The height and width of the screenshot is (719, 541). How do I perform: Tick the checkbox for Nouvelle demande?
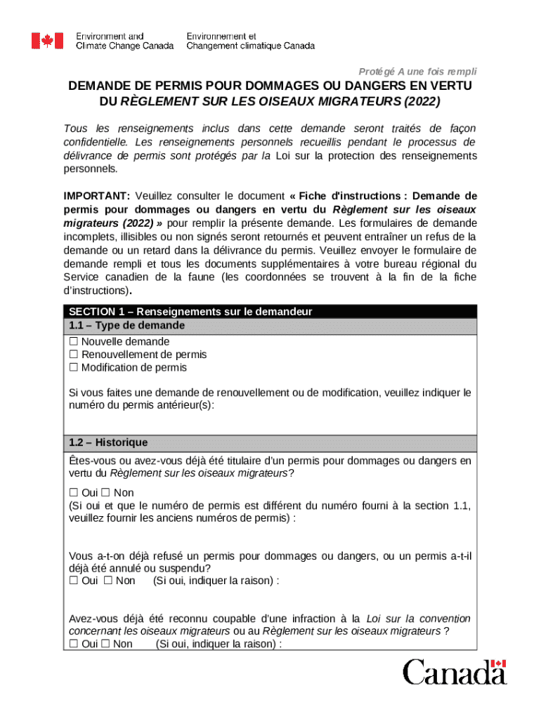pos(73,341)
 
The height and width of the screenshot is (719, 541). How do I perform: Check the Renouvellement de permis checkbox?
pos(73,355)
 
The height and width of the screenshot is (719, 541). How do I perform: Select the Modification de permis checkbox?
pos(73,367)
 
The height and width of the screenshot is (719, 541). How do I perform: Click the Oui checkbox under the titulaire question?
pos(73,493)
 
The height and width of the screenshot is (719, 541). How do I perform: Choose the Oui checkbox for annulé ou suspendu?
pos(73,581)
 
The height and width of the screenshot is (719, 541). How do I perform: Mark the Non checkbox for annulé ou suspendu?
pos(108,581)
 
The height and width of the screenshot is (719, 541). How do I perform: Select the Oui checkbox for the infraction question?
pos(73,644)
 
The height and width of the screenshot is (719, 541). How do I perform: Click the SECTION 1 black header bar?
pos(270,311)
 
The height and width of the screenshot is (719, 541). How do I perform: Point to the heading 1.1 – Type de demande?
pos(126,326)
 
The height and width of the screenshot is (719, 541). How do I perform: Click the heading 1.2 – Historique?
pos(108,443)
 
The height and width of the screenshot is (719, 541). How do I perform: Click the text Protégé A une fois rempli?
pos(418,72)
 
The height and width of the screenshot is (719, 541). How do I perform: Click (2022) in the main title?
pos(420,101)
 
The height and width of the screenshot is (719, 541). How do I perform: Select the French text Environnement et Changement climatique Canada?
pos(250,41)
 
